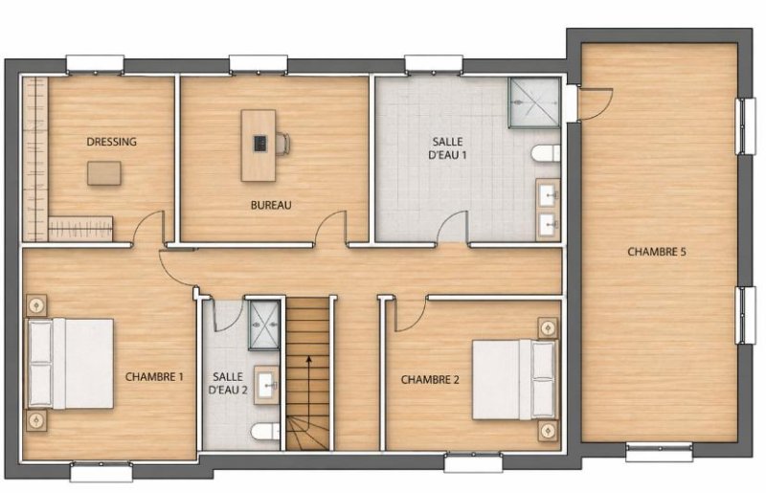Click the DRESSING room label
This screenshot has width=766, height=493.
(x=111, y=142)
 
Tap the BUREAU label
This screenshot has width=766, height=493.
(x=271, y=205)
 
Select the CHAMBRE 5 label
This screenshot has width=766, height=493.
(x=657, y=252)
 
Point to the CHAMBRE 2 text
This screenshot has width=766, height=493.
(x=430, y=380)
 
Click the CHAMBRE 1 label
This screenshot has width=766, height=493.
(x=154, y=377)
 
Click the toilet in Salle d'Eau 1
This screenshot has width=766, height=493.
(x=546, y=152)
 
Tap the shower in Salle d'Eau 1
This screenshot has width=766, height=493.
(x=534, y=102)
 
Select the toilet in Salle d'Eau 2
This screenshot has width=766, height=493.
(x=265, y=432)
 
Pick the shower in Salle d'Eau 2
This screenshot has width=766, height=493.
(x=264, y=325)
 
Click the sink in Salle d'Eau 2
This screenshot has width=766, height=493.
(x=267, y=385)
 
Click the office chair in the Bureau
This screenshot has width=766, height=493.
(x=282, y=144)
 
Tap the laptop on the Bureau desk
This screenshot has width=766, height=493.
(x=259, y=144)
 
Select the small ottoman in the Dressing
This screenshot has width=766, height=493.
(x=104, y=173)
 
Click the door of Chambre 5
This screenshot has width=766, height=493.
(x=594, y=102)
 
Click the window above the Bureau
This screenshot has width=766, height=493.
(x=258, y=64)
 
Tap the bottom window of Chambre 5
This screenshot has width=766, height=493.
(x=659, y=452)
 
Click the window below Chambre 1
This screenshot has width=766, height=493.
(x=101, y=472)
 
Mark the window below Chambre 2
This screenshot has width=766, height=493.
(x=473, y=462)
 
